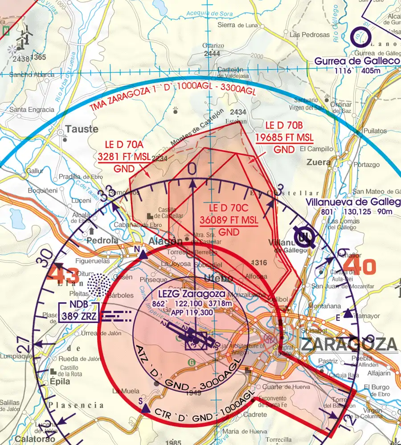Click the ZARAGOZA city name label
click(348, 344)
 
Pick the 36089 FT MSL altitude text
click(229, 220)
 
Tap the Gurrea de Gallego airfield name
click(357, 61)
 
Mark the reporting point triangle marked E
click(348, 313)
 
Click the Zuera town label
click(319, 162)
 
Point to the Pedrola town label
click(102, 240)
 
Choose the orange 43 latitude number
click(63, 272)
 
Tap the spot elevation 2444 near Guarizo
click(212, 54)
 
